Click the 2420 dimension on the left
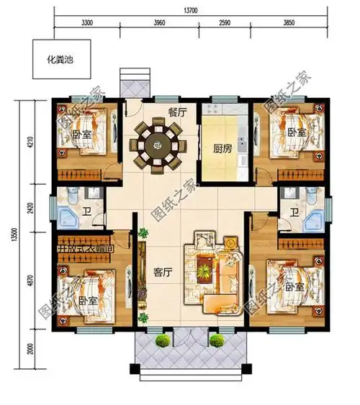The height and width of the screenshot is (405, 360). pos(30,209)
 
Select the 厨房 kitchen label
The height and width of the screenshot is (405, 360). pos(222,150)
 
